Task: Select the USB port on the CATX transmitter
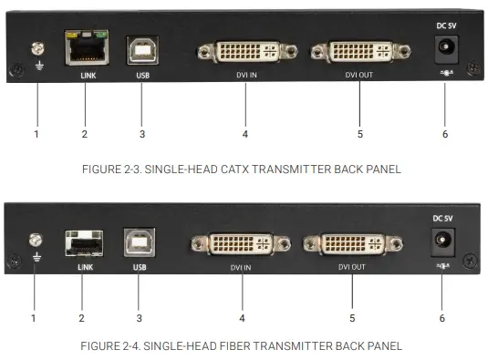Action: (x=140, y=50)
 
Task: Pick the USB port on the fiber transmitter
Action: (x=140, y=243)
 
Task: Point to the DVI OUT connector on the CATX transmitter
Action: (x=359, y=53)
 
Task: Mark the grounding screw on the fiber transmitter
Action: (x=34, y=240)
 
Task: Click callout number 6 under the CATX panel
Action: (x=445, y=135)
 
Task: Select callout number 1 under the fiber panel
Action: (x=34, y=318)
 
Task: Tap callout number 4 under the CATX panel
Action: (x=244, y=135)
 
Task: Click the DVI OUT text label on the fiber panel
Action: (x=352, y=268)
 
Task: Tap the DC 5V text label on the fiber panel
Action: (x=442, y=218)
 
